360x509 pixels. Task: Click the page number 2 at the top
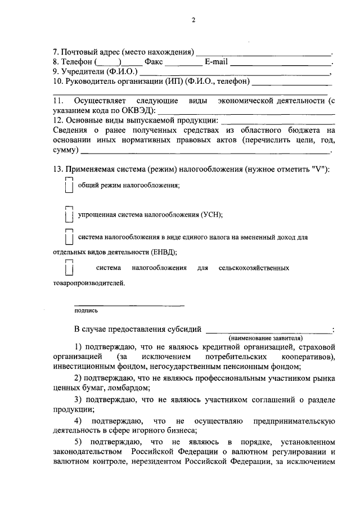click(x=193, y=21)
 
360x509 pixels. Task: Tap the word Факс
click(x=154, y=63)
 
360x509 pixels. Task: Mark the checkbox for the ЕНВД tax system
click(x=69, y=237)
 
